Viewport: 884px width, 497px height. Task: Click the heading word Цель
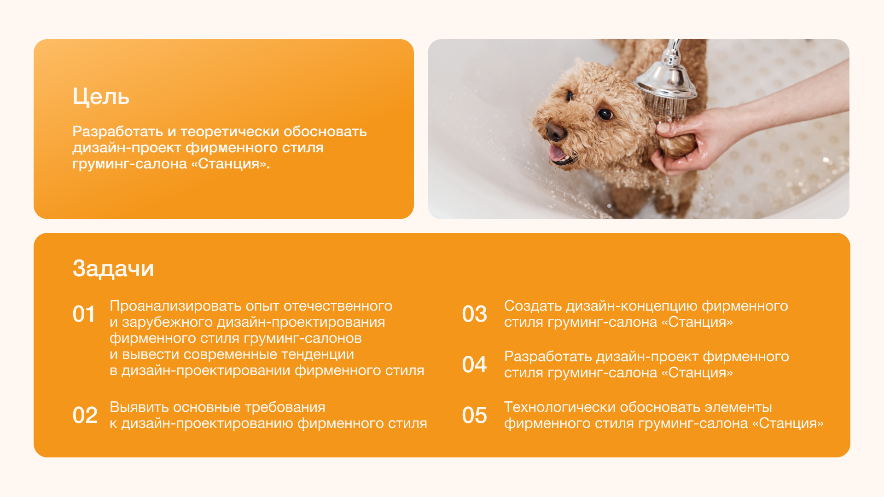pos(101,97)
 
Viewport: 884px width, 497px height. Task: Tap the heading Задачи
pos(113,268)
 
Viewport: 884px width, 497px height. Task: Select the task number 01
pos(84,314)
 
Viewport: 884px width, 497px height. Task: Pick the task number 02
pos(85,416)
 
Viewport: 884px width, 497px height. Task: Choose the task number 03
pos(474,314)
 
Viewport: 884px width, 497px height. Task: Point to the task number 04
pos(474,365)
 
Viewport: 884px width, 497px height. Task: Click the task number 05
pos(474,416)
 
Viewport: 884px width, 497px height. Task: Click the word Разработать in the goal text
pos(118,132)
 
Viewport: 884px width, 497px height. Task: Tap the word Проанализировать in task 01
pos(175,306)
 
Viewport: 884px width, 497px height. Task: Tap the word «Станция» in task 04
pos(697,373)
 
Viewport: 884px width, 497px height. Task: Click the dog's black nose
pos(555,132)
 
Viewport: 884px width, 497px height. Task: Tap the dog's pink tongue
pos(557,153)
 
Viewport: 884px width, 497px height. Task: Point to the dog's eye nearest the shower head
pos(605,114)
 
